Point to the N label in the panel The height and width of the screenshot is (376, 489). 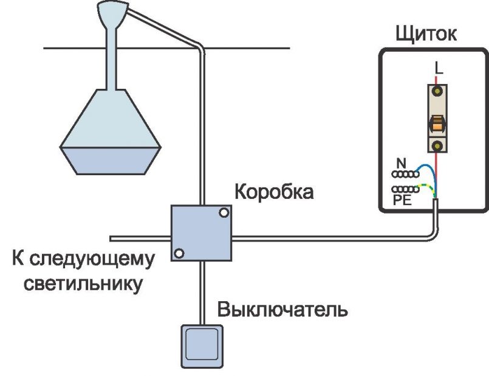click(x=400, y=163)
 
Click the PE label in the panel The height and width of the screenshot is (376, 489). click(x=402, y=199)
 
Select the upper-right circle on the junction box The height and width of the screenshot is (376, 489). click(x=224, y=212)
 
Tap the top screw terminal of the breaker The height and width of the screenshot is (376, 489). click(x=436, y=92)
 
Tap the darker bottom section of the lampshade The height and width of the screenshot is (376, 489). click(x=109, y=159)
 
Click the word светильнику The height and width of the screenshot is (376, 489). click(x=83, y=284)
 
